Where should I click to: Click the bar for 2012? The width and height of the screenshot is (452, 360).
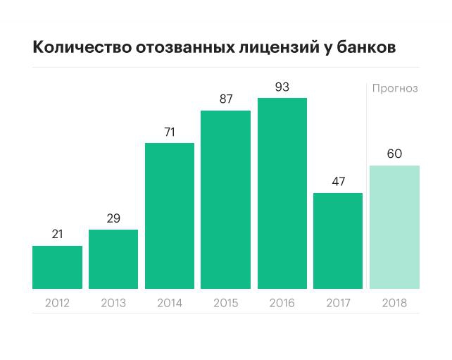[57, 267]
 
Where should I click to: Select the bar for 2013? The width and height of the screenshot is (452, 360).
[113, 259]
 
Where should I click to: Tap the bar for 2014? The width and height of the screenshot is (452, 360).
[170, 216]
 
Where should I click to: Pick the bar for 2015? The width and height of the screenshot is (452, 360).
[225, 199]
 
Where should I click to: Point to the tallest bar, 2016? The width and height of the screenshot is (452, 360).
[282, 193]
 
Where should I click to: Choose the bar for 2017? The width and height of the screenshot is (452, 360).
[338, 240]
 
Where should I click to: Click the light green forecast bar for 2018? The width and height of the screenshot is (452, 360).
[394, 227]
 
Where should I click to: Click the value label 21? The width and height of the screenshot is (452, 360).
[57, 234]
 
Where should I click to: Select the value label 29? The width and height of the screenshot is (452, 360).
[113, 218]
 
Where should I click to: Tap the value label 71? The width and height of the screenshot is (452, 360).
[170, 132]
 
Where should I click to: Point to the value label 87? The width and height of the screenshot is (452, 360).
[225, 99]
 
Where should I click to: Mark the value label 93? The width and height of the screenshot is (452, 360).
[282, 87]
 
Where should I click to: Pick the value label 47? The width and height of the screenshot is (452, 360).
[338, 181]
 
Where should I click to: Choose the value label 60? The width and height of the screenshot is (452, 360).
[394, 154]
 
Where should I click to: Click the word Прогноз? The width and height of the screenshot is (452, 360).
[395, 89]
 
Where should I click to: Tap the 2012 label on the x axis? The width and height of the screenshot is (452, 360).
[57, 304]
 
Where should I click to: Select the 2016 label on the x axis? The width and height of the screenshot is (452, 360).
[282, 304]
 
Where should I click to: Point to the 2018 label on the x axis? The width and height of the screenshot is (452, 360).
[394, 304]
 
